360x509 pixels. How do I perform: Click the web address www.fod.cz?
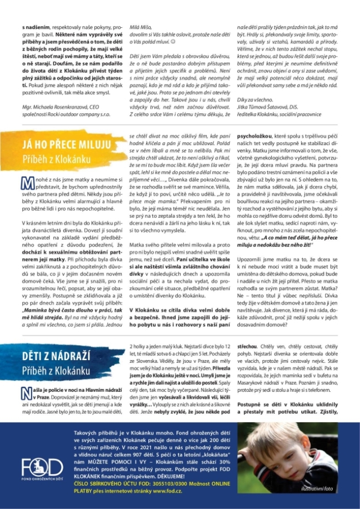[177, 490]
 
